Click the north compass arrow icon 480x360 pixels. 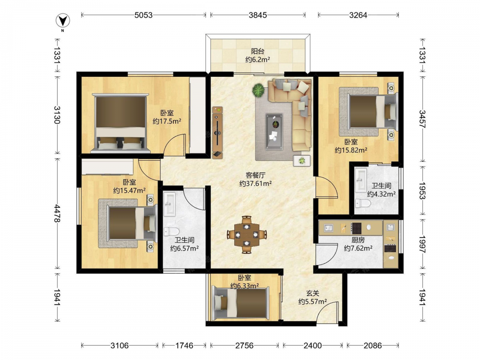click(x=63, y=21)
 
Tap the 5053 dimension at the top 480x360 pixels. click(x=143, y=15)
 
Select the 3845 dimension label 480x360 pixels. click(x=258, y=15)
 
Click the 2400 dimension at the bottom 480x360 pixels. click(x=312, y=346)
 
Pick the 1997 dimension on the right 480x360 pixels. click(x=422, y=244)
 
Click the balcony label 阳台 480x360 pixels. click(x=258, y=51)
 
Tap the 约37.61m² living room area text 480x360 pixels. click(x=256, y=184)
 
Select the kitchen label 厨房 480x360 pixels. click(x=358, y=240)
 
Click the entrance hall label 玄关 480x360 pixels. click(x=312, y=293)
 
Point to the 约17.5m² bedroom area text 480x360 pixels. click(x=167, y=121)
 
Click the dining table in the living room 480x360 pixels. click(x=247, y=235)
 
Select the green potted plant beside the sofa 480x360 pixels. click(x=258, y=90)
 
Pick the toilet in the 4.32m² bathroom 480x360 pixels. click(x=363, y=203)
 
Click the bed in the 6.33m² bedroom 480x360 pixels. click(x=241, y=303)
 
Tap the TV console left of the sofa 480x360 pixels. click(x=217, y=132)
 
